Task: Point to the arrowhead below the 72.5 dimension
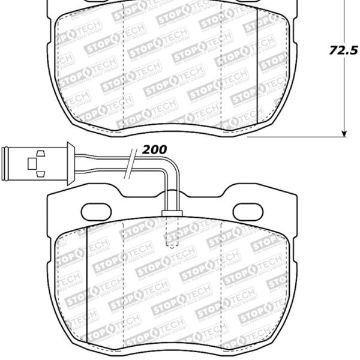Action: point(344,132)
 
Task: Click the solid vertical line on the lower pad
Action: point(88,282)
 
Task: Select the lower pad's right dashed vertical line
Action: point(221,282)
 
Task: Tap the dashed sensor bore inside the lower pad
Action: point(172,234)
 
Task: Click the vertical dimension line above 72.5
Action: point(344,18)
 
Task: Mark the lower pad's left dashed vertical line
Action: point(122,282)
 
